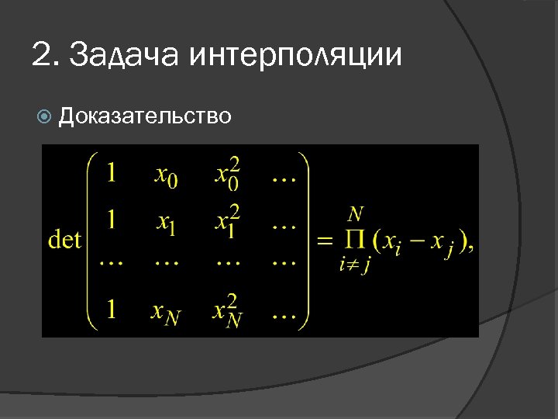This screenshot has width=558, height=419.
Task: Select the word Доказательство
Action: (x=145, y=116)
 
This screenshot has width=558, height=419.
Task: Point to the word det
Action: (x=65, y=239)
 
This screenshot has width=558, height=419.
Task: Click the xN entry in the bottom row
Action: (x=167, y=313)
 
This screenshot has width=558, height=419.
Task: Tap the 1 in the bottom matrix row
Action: (x=112, y=310)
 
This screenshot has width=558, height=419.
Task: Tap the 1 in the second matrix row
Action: (x=112, y=220)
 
